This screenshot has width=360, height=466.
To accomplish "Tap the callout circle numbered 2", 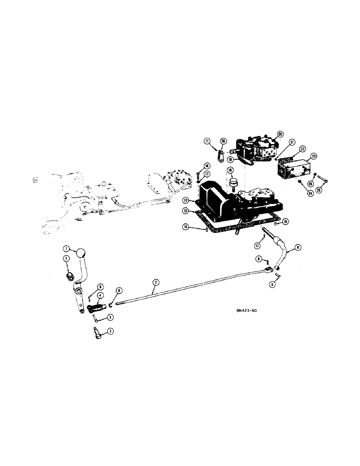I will pos(66,258).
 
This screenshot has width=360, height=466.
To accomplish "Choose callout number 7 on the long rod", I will pos(156,282).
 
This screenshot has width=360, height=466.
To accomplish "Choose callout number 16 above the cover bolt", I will pos(200,166).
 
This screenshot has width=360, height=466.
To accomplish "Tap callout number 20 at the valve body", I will pos(280,135).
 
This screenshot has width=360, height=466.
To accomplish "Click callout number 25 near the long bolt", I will pos(319,190).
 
